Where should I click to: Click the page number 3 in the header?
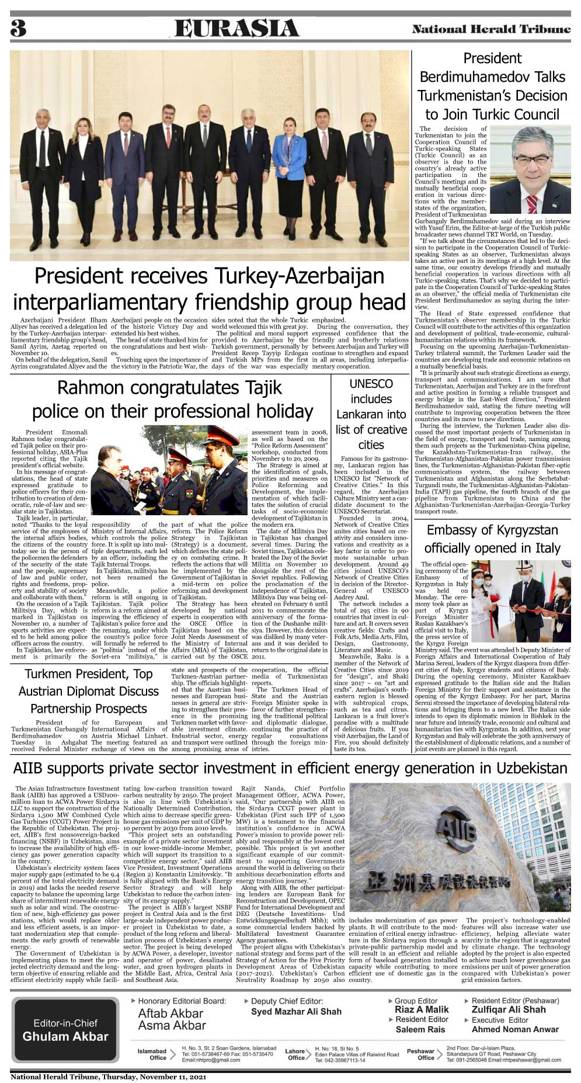click(x=18, y=28)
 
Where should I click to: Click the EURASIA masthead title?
click(x=236, y=29)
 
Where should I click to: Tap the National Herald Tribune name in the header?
click(x=491, y=29)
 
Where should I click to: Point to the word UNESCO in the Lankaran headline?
click(x=371, y=384)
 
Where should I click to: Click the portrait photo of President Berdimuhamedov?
click(x=530, y=169)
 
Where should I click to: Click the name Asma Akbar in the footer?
click(x=172, y=1025)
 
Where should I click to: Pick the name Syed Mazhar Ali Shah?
click(x=296, y=1012)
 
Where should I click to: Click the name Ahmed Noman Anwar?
click(x=515, y=1029)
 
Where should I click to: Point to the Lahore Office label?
click(x=295, y=1054)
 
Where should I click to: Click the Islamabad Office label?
click(x=152, y=1054)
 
